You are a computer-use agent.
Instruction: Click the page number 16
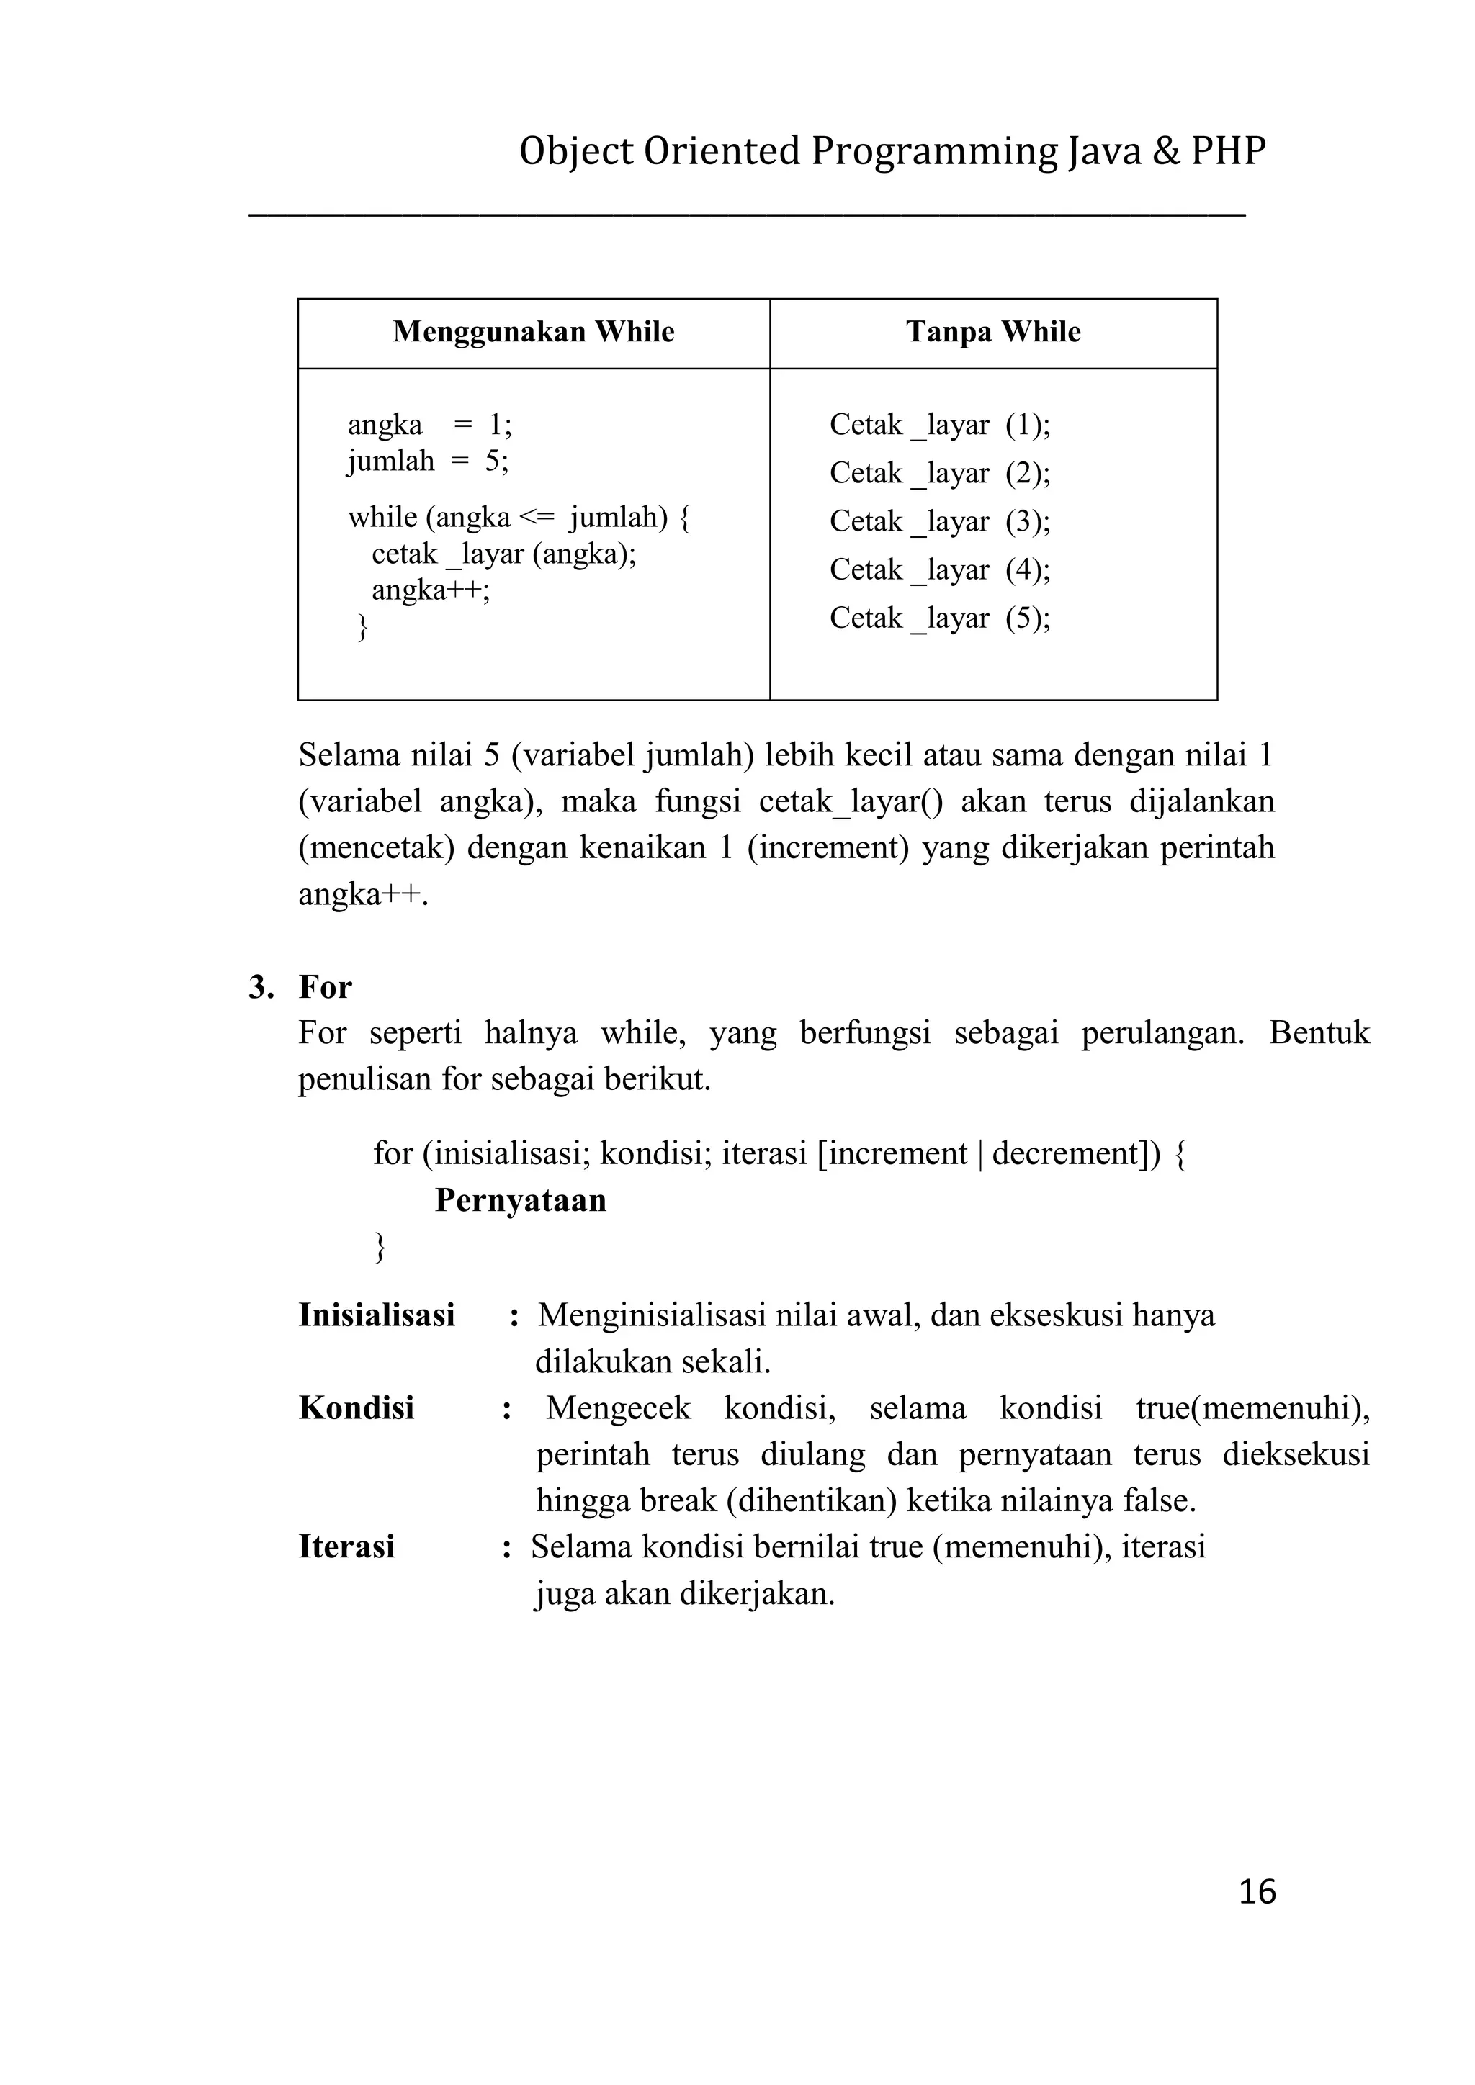click(1257, 1891)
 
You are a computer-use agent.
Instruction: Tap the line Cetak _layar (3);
click(939, 522)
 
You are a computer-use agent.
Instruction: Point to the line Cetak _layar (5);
click(939, 618)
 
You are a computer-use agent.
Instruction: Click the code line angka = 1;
click(429, 425)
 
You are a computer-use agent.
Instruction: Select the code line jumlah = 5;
click(428, 461)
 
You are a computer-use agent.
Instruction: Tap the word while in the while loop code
click(382, 518)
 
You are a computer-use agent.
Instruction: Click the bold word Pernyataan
click(521, 1200)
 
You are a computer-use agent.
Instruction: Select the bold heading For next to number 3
click(325, 987)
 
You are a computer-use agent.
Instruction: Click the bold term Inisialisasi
click(377, 1315)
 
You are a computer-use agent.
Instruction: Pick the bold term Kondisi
click(356, 1408)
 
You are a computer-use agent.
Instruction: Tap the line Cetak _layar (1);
click(939, 425)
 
